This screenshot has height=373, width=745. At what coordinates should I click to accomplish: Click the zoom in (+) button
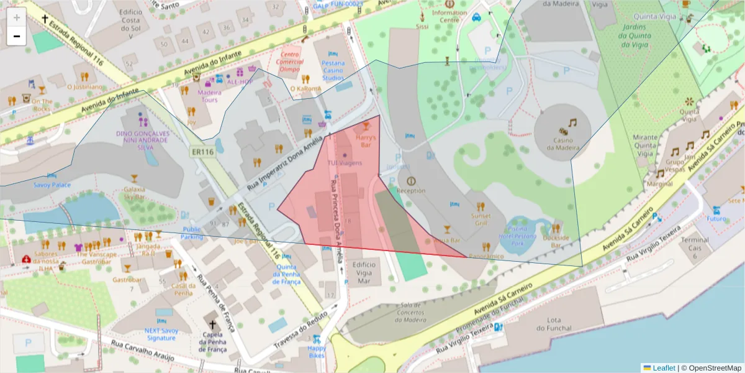(17, 17)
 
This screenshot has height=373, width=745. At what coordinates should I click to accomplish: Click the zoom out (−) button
(17, 36)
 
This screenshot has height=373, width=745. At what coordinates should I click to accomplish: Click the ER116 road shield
(202, 152)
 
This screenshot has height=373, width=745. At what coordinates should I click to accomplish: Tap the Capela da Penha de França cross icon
(212, 325)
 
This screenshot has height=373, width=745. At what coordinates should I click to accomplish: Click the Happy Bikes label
(317, 352)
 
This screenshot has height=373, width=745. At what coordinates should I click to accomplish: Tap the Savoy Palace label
(52, 185)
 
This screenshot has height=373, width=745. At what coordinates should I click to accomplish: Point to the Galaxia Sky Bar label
(135, 192)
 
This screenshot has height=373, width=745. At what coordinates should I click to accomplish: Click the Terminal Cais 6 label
(695, 247)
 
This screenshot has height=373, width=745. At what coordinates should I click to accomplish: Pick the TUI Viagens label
(345, 163)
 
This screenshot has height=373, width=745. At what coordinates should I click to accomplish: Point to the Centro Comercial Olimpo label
(291, 62)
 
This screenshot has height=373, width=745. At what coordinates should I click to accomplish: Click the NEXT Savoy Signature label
(161, 334)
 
